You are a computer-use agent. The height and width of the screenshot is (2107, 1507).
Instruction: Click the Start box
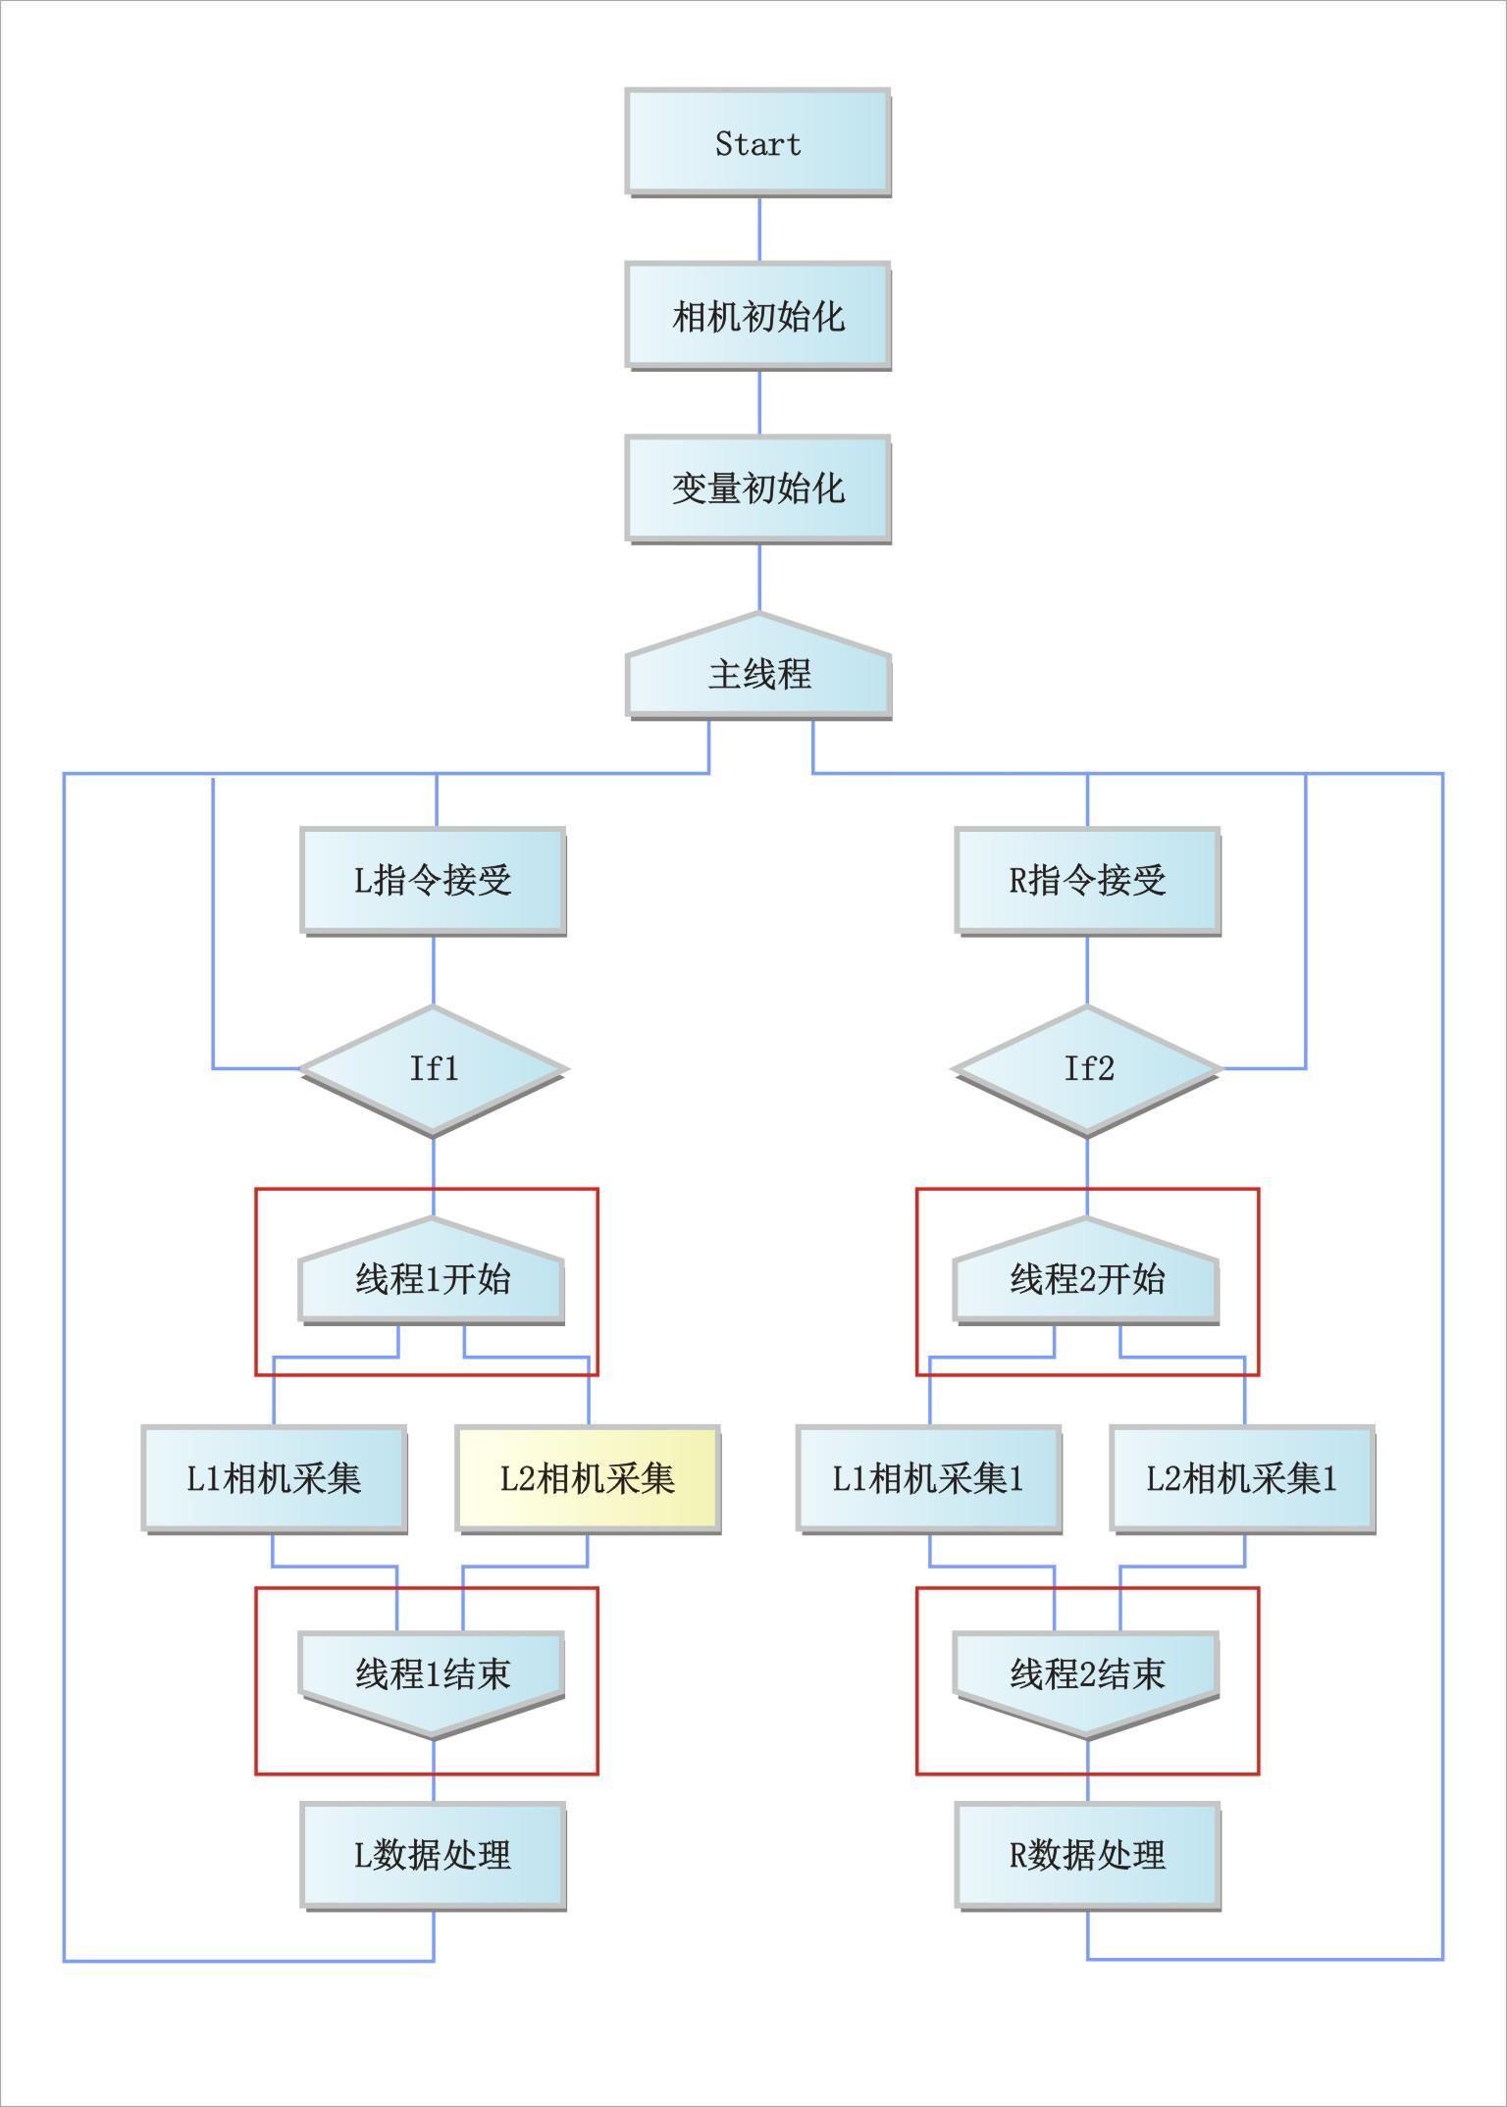(x=757, y=142)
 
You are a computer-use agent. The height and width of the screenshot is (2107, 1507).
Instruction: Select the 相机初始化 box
(x=757, y=315)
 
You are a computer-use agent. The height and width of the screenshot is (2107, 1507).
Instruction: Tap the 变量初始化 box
(x=757, y=488)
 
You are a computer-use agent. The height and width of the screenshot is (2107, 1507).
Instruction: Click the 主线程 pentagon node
(x=758, y=672)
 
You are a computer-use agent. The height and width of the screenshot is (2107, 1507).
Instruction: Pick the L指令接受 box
(x=433, y=880)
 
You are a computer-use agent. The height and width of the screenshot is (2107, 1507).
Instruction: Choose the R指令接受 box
(x=1087, y=880)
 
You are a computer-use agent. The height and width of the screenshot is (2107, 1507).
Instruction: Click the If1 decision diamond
(x=433, y=1068)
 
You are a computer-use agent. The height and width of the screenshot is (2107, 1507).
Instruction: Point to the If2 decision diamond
(x=1087, y=1068)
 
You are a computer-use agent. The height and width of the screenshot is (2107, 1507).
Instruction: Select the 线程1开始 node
(x=432, y=1278)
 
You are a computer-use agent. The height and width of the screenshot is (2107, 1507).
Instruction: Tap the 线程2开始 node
(x=1087, y=1278)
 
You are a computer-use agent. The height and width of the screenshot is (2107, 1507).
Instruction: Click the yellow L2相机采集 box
(x=588, y=1478)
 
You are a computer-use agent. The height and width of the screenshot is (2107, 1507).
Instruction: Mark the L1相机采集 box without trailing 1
(x=274, y=1478)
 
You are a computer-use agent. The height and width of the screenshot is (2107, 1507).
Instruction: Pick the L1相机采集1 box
(x=928, y=1478)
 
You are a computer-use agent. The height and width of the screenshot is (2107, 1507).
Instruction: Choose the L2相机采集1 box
(x=1242, y=1478)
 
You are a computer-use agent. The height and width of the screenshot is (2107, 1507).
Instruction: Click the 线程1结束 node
(x=432, y=1673)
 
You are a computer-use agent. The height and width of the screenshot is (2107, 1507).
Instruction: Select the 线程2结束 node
(x=1087, y=1673)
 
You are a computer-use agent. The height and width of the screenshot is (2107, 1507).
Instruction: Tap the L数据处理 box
(x=433, y=1855)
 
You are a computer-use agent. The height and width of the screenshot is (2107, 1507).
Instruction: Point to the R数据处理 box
(x=1087, y=1855)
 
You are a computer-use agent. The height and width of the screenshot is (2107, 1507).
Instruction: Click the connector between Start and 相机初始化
(x=758, y=229)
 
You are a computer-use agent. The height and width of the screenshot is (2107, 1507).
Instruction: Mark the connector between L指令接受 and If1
(x=434, y=970)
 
